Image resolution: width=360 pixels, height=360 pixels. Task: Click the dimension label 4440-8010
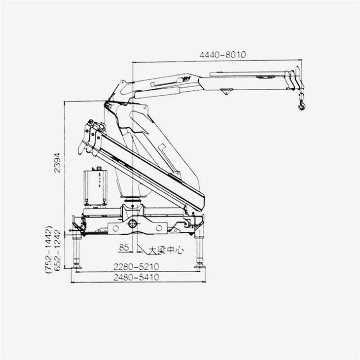tap(222, 55)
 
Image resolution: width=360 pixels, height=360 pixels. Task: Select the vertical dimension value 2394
tap(57, 163)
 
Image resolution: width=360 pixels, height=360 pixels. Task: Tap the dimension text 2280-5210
tap(136, 267)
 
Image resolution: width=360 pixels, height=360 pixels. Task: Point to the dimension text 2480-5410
tap(136, 277)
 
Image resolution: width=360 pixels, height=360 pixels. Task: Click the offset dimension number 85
tap(124, 247)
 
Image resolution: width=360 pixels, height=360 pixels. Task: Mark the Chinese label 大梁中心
tap(166, 250)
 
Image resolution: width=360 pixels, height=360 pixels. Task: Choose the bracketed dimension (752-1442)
tap(49, 250)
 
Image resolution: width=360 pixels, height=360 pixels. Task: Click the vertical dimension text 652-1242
tap(57, 250)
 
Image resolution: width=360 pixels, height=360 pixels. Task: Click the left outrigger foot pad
tap(76, 267)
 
